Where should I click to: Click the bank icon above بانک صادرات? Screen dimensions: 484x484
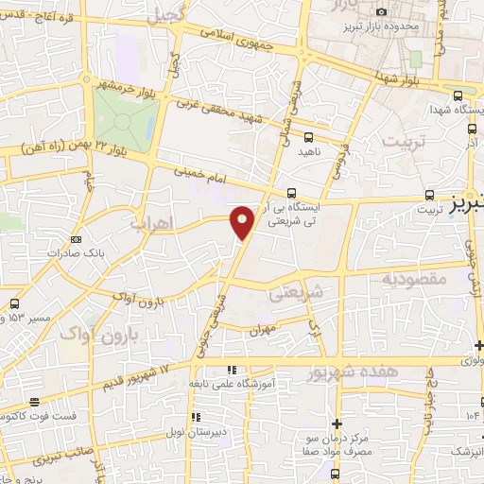(x=77, y=239)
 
